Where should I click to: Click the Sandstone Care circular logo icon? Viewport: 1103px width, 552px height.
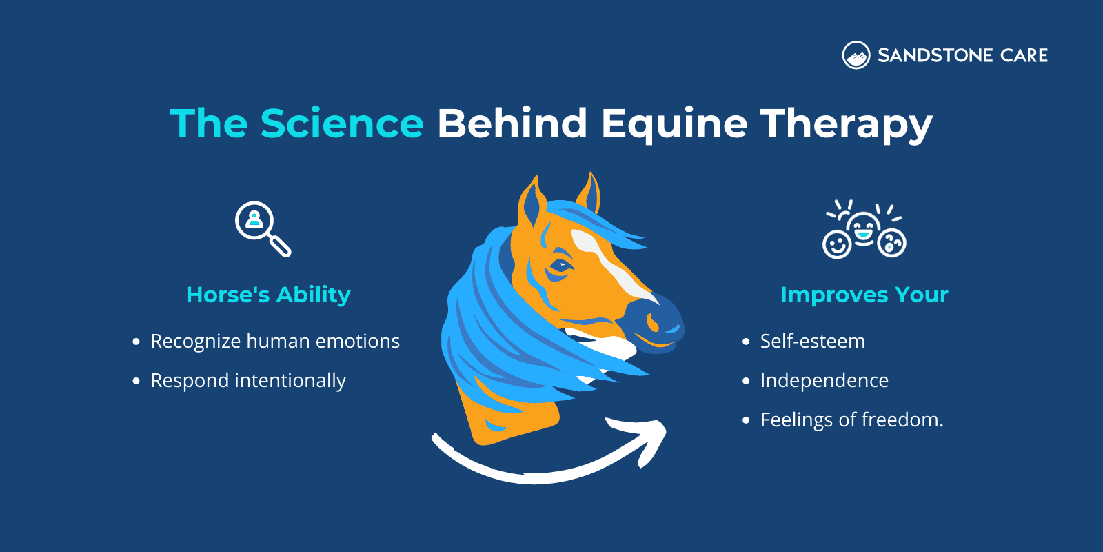[x=856, y=55]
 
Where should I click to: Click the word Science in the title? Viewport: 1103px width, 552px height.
[x=342, y=124]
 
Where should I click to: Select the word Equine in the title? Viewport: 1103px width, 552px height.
[x=674, y=124]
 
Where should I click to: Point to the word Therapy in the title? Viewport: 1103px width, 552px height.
[x=846, y=125]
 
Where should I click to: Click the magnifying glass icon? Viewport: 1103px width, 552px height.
[x=263, y=228]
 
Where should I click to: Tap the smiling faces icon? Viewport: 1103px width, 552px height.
[x=864, y=230]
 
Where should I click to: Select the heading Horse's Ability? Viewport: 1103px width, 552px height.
[x=268, y=295]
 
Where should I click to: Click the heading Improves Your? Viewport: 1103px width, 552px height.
[x=864, y=295]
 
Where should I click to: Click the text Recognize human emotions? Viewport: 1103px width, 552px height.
[x=274, y=341]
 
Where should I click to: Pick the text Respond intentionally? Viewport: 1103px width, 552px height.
[x=247, y=380]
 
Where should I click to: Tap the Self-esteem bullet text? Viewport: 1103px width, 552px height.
[x=812, y=341]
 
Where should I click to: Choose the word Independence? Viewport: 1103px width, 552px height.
[x=824, y=380]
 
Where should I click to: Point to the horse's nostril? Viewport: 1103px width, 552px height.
[x=651, y=320]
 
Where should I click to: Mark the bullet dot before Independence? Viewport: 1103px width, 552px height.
[x=746, y=381]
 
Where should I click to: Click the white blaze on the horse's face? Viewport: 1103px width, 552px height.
[x=610, y=266]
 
